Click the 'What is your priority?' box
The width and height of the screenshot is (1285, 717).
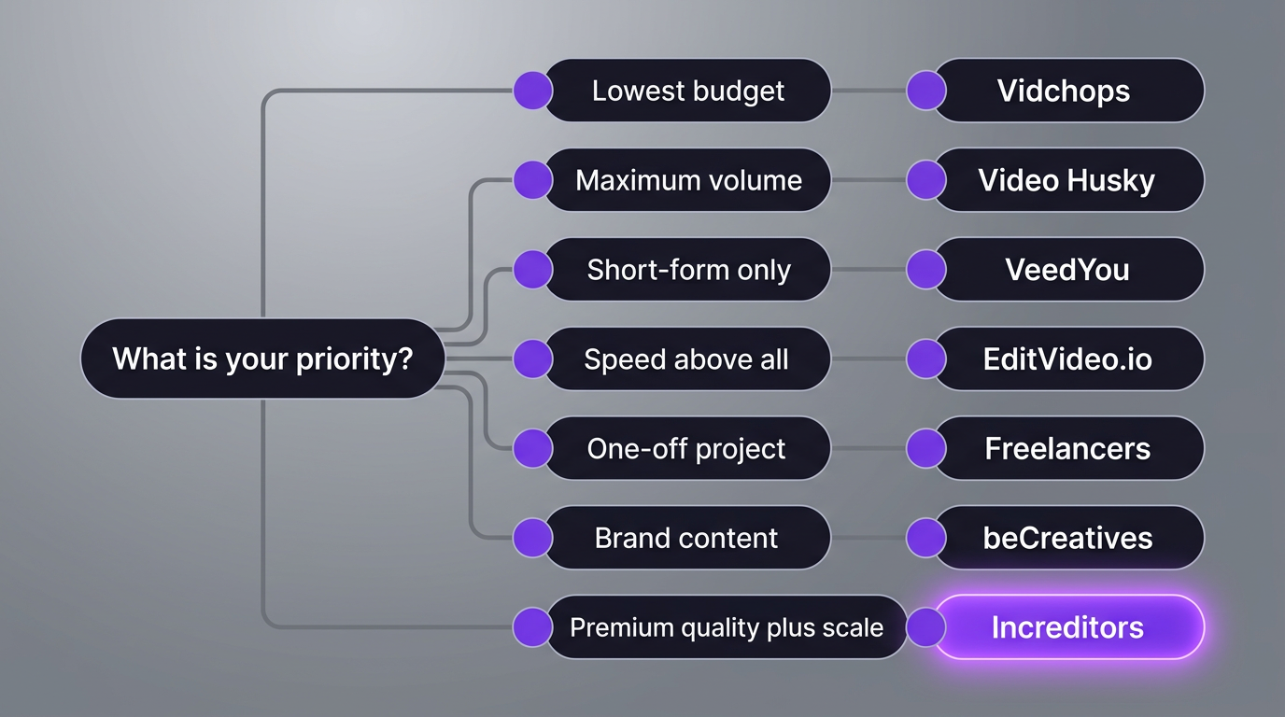coord(262,358)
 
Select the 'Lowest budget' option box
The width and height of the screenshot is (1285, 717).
coord(688,91)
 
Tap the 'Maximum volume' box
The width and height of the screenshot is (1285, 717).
coord(688,180)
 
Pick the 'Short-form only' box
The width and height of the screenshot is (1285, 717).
coord(688,270)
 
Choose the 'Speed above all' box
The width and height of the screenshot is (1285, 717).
coord(688,359)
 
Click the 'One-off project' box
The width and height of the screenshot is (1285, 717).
coord(688,449)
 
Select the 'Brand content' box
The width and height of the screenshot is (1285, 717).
coord(688,539)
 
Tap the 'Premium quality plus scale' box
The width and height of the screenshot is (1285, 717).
coord(727,627)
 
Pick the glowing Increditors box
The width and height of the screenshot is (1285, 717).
coord(1068,627)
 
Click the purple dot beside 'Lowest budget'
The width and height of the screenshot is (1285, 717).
coord(532,91)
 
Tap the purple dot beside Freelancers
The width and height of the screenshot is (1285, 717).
coord(926,449)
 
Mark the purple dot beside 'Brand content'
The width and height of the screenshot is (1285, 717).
coord(532,539)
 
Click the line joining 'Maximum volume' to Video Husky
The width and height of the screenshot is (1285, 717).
coord(868,180)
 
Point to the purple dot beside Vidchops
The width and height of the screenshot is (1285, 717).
coord(926,91)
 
